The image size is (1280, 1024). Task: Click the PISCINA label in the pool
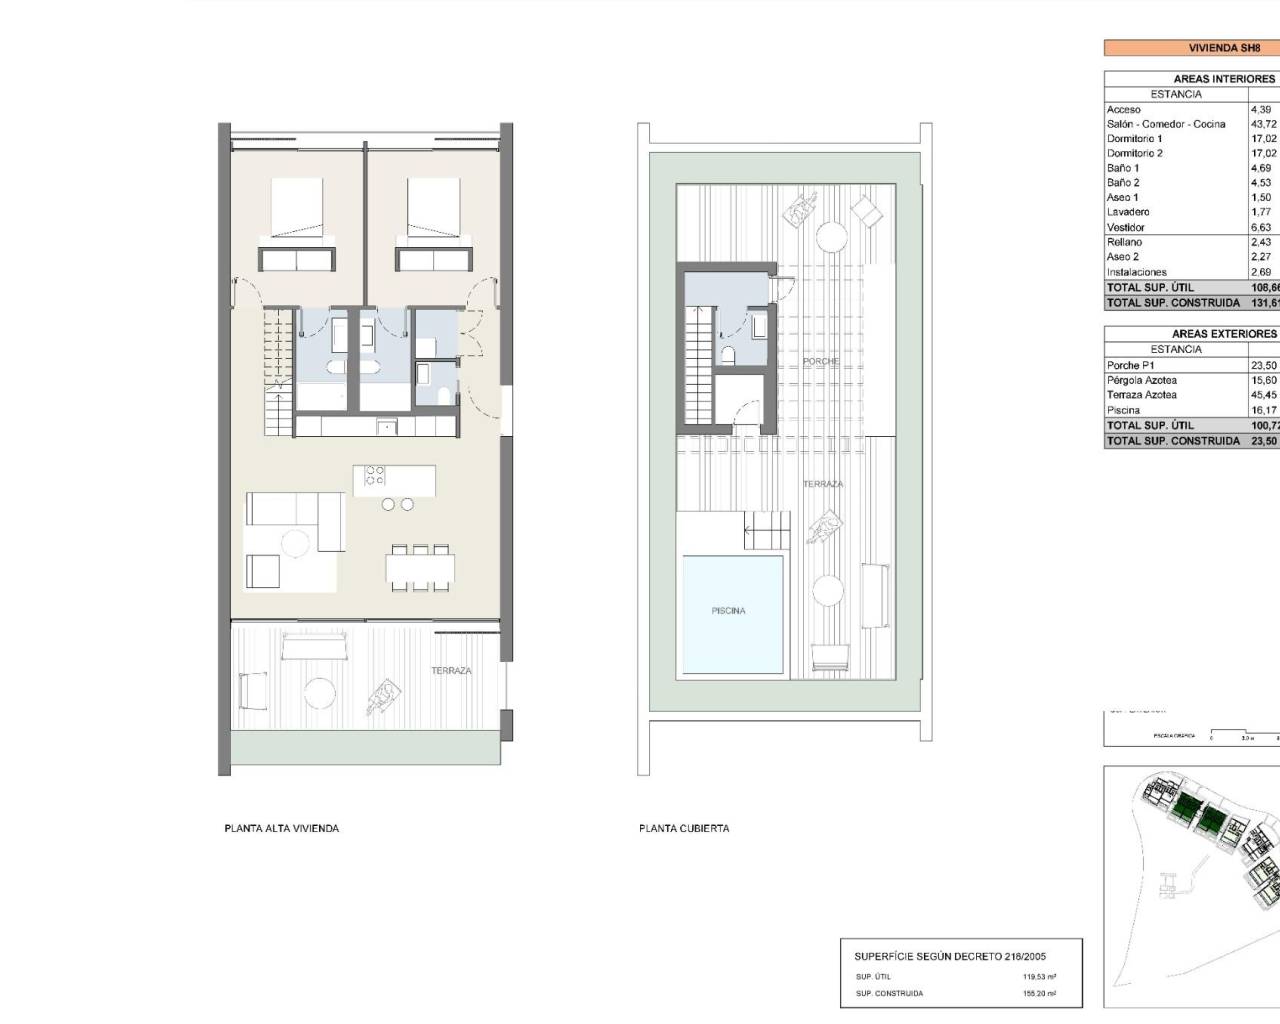(728, 610)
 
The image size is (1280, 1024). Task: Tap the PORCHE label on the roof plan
(821, 361)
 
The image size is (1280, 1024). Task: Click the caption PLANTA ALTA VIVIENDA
(282, 828)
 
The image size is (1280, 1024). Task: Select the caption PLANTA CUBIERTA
(684, 828)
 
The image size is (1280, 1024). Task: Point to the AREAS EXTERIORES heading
(1223, 333)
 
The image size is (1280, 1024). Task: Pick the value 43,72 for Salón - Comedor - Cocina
(1263, 124)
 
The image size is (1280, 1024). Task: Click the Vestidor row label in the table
(1126, 227)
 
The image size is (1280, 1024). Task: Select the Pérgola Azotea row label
(1142, 380)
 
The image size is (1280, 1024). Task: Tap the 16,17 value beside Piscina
(1263, 410)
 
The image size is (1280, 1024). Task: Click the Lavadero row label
(1128, 212)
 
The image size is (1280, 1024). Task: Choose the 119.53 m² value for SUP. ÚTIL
(1039, 977)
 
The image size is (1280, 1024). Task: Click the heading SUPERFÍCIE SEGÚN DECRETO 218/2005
(950, 956)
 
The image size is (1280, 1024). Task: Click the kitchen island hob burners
(375, 475)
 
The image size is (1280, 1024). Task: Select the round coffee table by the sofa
(295, 543)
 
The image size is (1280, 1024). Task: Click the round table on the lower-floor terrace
(319, 693)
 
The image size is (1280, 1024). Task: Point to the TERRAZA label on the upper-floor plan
(451, 670)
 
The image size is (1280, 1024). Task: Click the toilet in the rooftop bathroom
(728, 354)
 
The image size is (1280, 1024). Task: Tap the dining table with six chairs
(420, 568)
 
